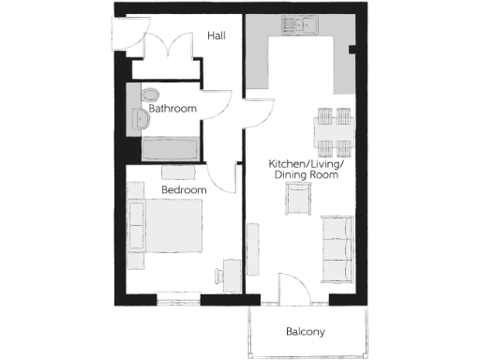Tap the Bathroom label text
172,109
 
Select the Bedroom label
183,189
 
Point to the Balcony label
305,332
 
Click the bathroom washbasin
141,118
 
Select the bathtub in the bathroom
170,147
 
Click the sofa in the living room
337,247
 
